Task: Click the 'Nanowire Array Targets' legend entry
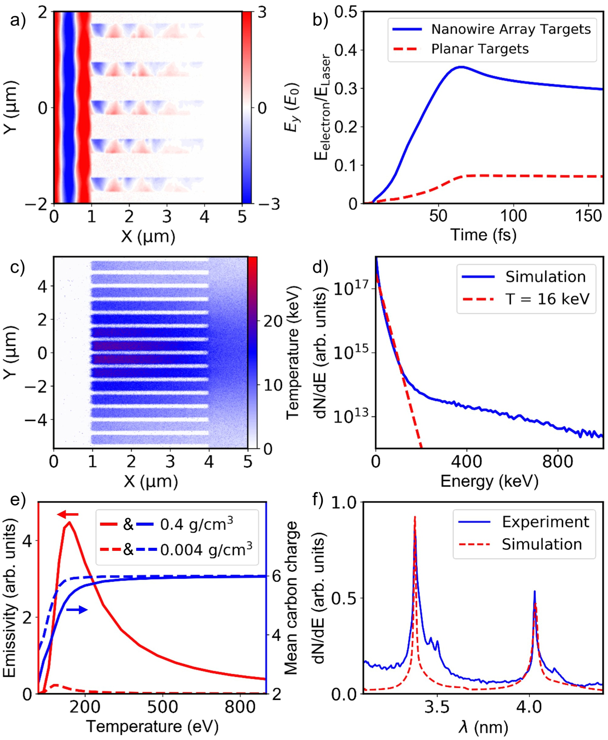click(511, 29)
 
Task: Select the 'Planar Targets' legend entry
click(480, 49)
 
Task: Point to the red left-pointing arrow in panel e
click(68, 514)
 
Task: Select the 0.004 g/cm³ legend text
click(206, 550)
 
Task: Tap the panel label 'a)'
click(18, 20)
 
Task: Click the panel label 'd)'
click(320, 267)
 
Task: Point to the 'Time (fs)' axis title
click(483, 235)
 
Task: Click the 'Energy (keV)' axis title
click(489, 481)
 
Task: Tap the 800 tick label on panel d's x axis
click(558, 462)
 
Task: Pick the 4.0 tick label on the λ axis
click(530, 707)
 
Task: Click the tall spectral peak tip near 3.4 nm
click(415, 517)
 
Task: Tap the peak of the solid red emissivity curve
click(69, 523)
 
